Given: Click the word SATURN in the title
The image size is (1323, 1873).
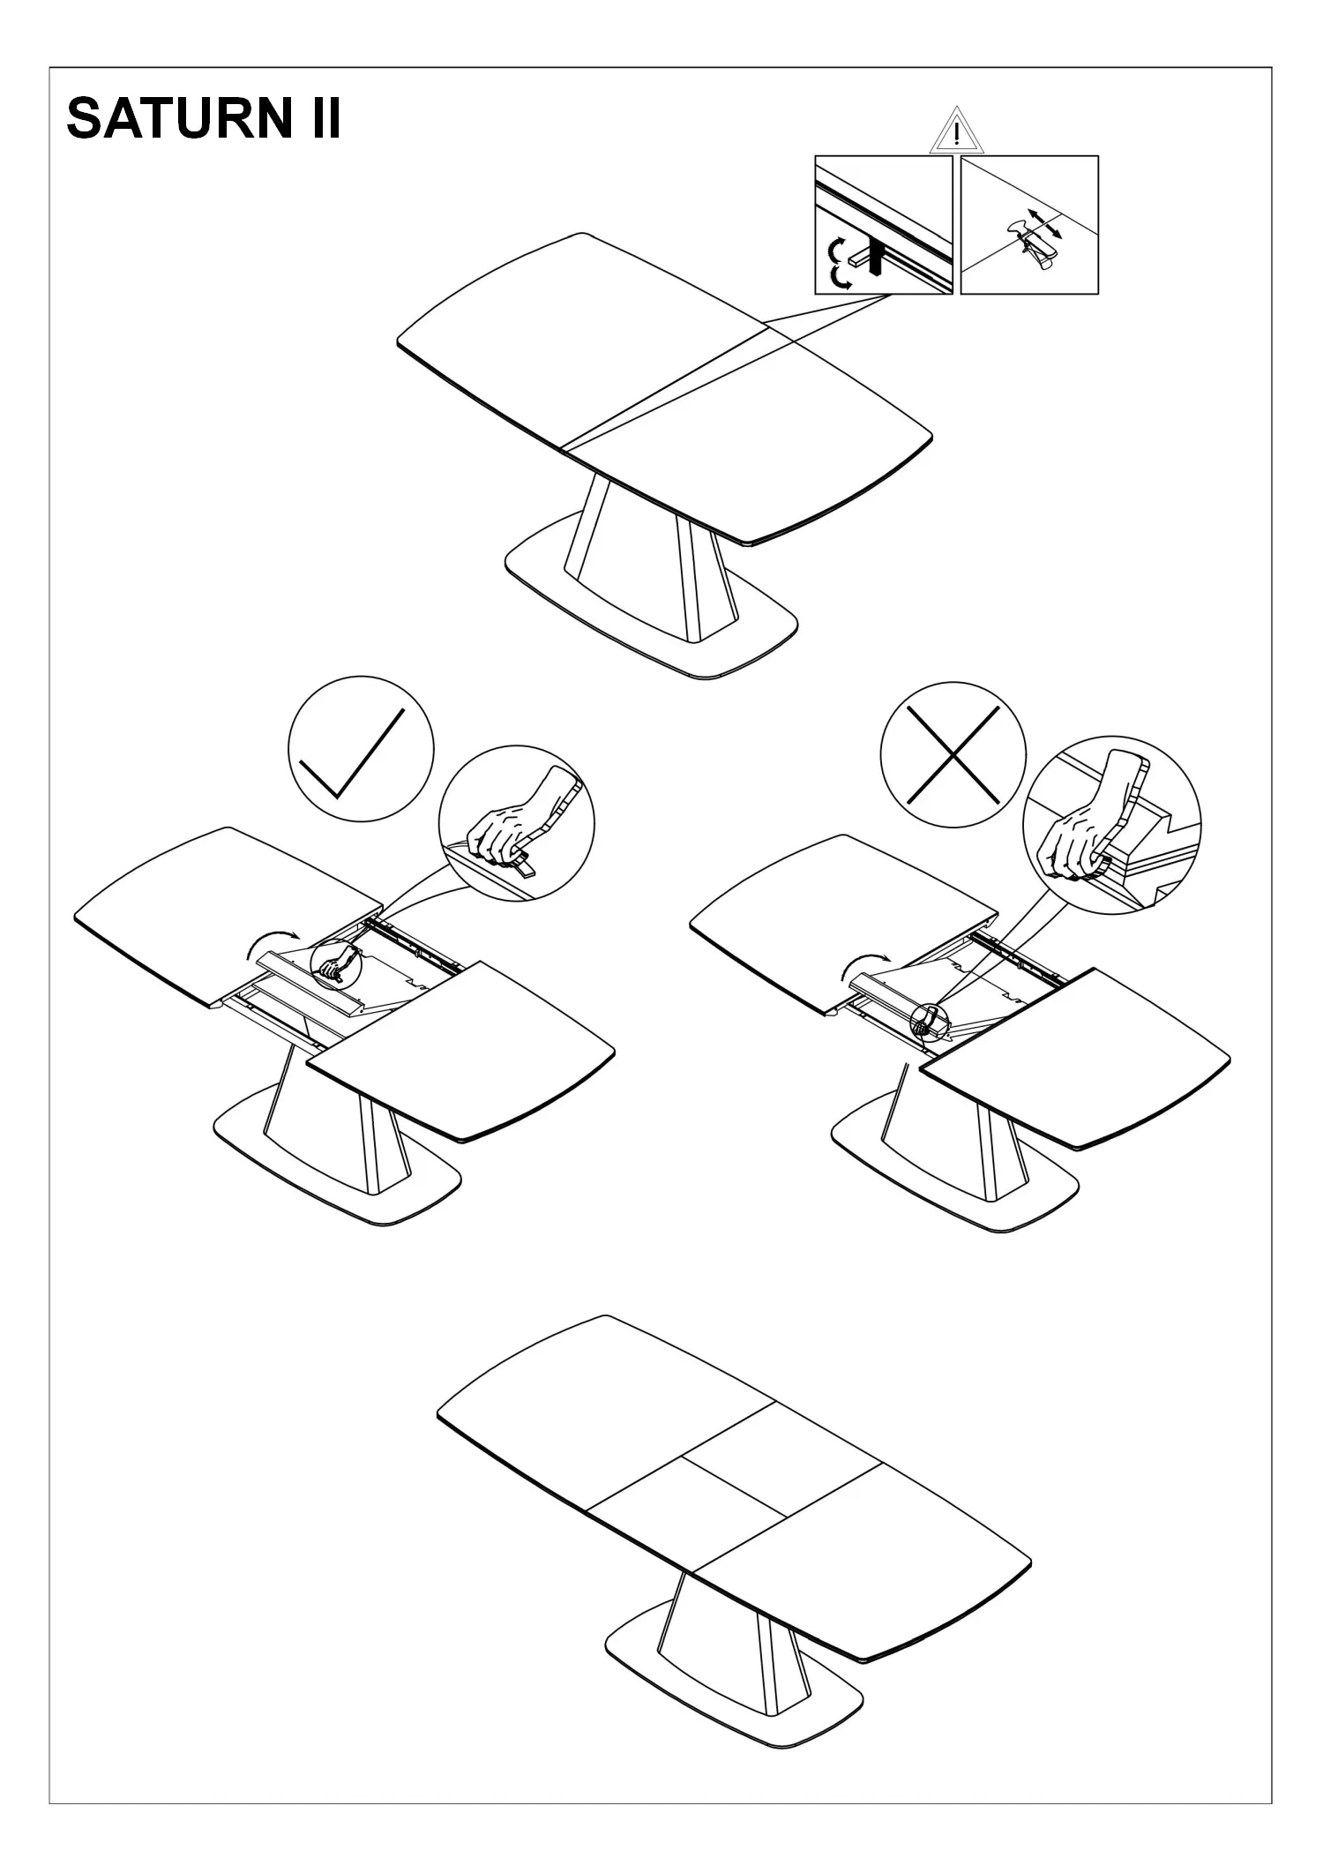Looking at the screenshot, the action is click(176, 118).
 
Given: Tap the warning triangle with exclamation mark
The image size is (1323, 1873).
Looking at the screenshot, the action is click(956, 132).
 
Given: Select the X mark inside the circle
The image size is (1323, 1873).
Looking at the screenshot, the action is click(953, 754).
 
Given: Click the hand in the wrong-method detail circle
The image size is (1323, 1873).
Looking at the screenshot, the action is click(1089, 816).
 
